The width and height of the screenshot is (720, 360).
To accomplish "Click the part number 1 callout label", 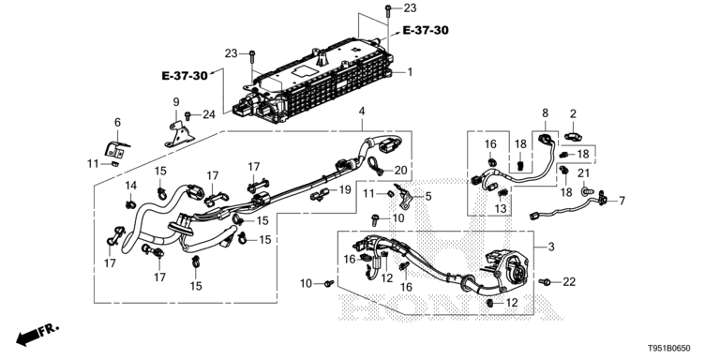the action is click(410, 72).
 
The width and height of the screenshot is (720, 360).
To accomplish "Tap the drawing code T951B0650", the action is click(669, 349).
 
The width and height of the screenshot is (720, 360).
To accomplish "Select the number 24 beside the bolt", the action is click(209, 114).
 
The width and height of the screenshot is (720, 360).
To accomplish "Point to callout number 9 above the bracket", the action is click(176, 102).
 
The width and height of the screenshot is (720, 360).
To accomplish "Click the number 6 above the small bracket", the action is click(117, 122).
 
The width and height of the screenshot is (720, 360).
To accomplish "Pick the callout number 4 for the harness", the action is click(362, 112).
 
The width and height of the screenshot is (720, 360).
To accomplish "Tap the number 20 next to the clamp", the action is click(400, 171).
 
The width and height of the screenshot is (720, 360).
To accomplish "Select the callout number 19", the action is click(345, 189).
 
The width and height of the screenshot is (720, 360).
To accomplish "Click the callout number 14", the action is click(131, 186).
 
